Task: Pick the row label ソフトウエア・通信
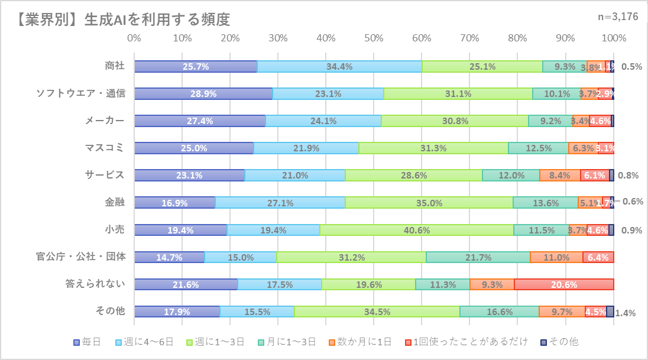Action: click(x=81, y=93)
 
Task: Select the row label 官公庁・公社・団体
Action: click(x=80, y=257)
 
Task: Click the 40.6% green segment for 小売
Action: click(x=416, y=230)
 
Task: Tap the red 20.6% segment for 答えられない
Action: click(x=563, y=284)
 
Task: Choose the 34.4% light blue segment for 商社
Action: click(x=339, y=66)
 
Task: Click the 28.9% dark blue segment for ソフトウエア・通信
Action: click(x=203, y=93)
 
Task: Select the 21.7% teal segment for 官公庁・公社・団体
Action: click(x=478, y=257)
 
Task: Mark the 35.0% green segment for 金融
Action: click(x=429, y=203)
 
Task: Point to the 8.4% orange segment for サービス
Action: click(x=559, y=175)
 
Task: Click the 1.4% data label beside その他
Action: click(x=625, y=313)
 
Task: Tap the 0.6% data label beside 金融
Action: click(x=633, y=201)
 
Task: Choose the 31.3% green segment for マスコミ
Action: click(x=433, y=148)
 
